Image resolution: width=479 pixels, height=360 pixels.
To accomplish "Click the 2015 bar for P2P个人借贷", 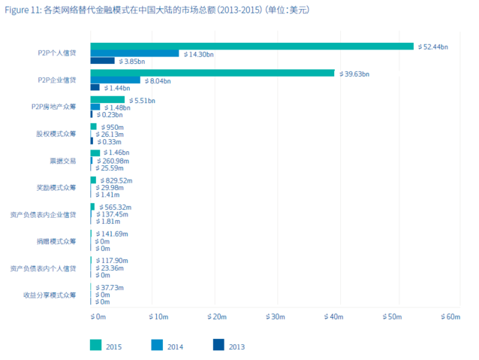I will click(252, 46).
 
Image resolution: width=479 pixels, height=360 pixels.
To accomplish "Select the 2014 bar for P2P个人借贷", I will click(134, 53).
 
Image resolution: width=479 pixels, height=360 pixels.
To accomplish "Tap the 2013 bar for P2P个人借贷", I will click(102, 61).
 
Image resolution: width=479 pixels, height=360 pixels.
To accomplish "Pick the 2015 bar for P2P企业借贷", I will click(212, 73).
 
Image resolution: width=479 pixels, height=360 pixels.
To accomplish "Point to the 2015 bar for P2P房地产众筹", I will click(107, 100).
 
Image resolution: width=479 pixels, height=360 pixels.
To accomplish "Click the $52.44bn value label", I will click(434, 47).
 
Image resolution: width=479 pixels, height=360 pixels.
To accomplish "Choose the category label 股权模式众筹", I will click(56, 134).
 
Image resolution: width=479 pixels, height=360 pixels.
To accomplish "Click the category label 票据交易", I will click(62, 161).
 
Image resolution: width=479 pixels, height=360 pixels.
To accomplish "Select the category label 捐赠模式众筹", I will click(56, 241).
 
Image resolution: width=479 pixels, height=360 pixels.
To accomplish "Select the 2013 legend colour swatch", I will click(218, 346).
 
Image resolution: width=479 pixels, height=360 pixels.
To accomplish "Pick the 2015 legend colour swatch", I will click(95, 346).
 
